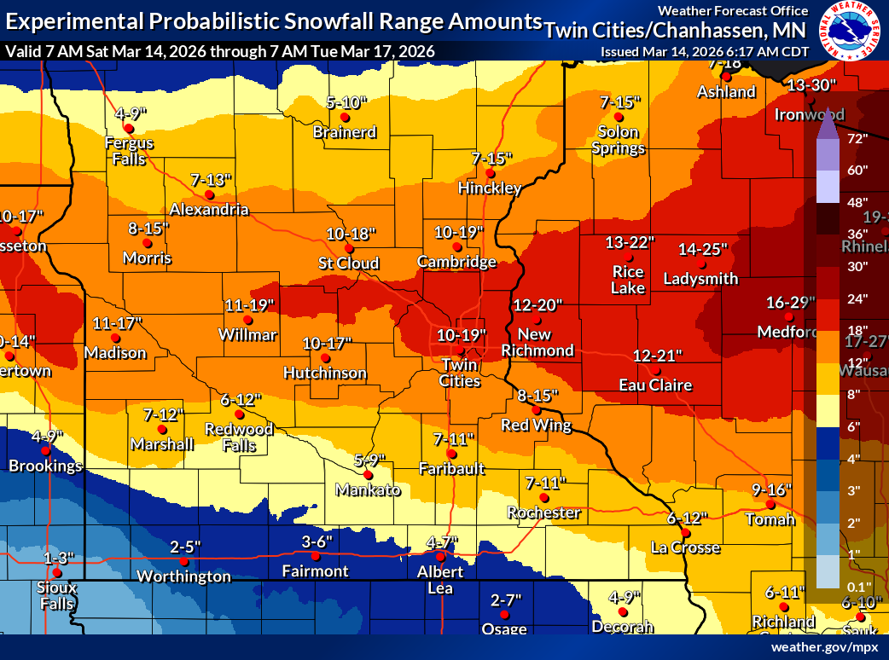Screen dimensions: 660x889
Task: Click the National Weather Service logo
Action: click(x=849, y=31)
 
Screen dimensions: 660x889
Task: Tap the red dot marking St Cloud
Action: click(x=349, y=248)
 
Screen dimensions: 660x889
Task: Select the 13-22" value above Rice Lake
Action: click(x=630, y=242)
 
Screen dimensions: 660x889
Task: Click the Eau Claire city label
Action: click(x=655, y=385)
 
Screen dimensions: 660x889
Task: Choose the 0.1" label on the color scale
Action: click(x=857, y=586)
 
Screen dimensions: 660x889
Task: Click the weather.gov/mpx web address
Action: click(x=824, y=647)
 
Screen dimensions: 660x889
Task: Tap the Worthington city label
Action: click(x=184, y=576)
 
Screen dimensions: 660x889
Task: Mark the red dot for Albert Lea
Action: click(x=441, y=557)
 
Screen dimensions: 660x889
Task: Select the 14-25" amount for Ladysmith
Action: click(x=703, y=249)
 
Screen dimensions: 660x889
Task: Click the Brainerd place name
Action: click(x=345, y=132)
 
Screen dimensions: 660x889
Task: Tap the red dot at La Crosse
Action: click(x=686, y=533)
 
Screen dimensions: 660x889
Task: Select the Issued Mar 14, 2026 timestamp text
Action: click(x=705, y=51)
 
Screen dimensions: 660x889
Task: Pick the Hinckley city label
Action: click(x=490, y=188)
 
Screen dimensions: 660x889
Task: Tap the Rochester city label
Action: click(x=543, y=512)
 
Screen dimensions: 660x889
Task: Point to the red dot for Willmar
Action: click(x=248, y=320)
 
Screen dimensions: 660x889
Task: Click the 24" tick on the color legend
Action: click(x=857, y=298)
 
